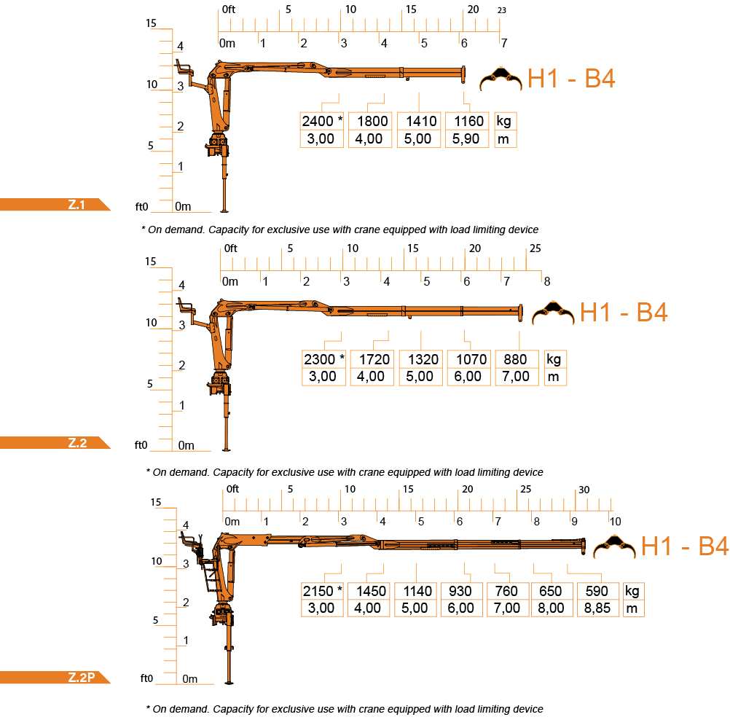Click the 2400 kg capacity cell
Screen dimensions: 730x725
322,121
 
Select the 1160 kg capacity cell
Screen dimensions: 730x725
467,121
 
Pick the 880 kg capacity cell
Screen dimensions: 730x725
517,359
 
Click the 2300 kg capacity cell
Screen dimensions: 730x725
323,359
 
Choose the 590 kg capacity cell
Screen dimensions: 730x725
598,591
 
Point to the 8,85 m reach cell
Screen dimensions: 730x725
598,608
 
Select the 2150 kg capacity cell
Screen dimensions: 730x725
322,591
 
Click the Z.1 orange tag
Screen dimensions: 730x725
55,205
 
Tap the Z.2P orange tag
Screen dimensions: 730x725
55,677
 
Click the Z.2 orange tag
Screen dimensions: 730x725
55,443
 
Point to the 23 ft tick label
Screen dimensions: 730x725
501,10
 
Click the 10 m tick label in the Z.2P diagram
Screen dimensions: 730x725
615,522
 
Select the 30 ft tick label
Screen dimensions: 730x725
584,490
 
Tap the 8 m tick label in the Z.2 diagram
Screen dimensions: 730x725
547,281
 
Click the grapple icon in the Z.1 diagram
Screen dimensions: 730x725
501,79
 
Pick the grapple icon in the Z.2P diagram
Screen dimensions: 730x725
614,546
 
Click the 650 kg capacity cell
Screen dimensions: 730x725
552,591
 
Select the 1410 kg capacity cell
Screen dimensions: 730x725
419,121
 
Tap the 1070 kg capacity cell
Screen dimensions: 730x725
469,359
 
